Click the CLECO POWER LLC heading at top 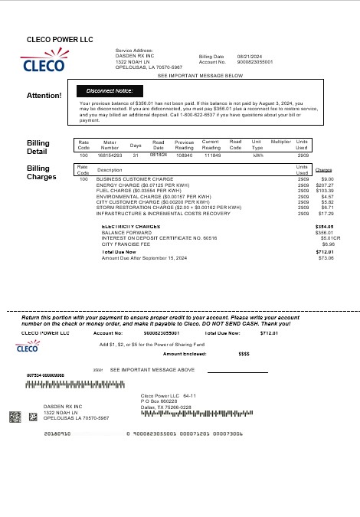coord(54,39)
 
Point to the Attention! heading coord(44,95)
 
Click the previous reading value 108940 coord(184,155)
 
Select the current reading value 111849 coord(211,155)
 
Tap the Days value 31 coord(136,155)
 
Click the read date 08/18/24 coord(159,154)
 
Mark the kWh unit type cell coord(257,155)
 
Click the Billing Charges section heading coord(41,172)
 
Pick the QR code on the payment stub coord(15,417)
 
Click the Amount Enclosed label coord(184,354)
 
